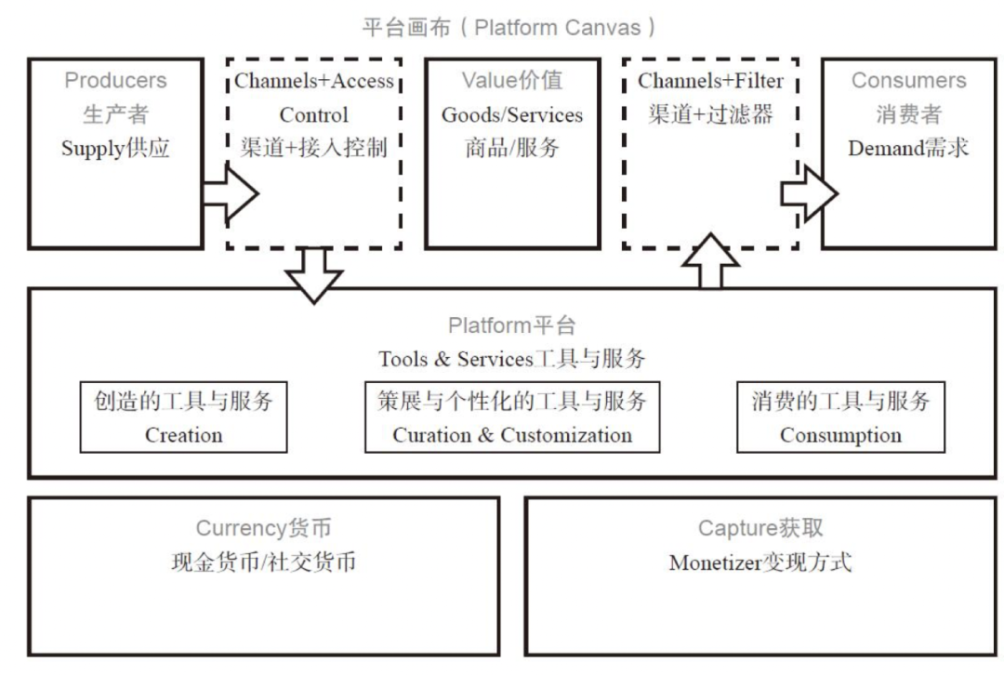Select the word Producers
coord(115,81)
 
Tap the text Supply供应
coord(115,149)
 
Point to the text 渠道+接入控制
coord(313,149)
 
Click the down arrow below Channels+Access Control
coord(313,275)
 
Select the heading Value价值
coord(512,81)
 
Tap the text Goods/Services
coord(512,115)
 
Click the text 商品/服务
coord(512,149)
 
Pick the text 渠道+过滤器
coord(710,115)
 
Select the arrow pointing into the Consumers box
coord(807,194)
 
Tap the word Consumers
coord(908,81)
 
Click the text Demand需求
coord(908,149)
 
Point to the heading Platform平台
coord(512,325)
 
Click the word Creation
coord(183,435)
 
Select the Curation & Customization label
coord(512,435)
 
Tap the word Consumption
coord(840,435)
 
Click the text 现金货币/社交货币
coord(263,562)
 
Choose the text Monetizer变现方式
coord(760,562)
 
